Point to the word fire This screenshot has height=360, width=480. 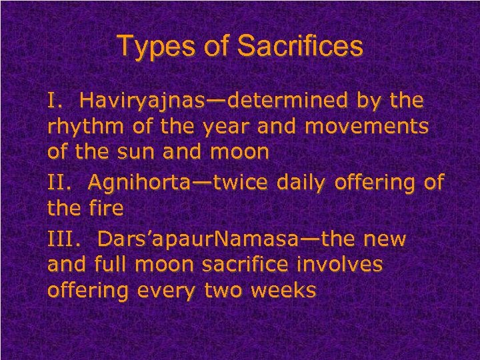pos(105,208)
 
